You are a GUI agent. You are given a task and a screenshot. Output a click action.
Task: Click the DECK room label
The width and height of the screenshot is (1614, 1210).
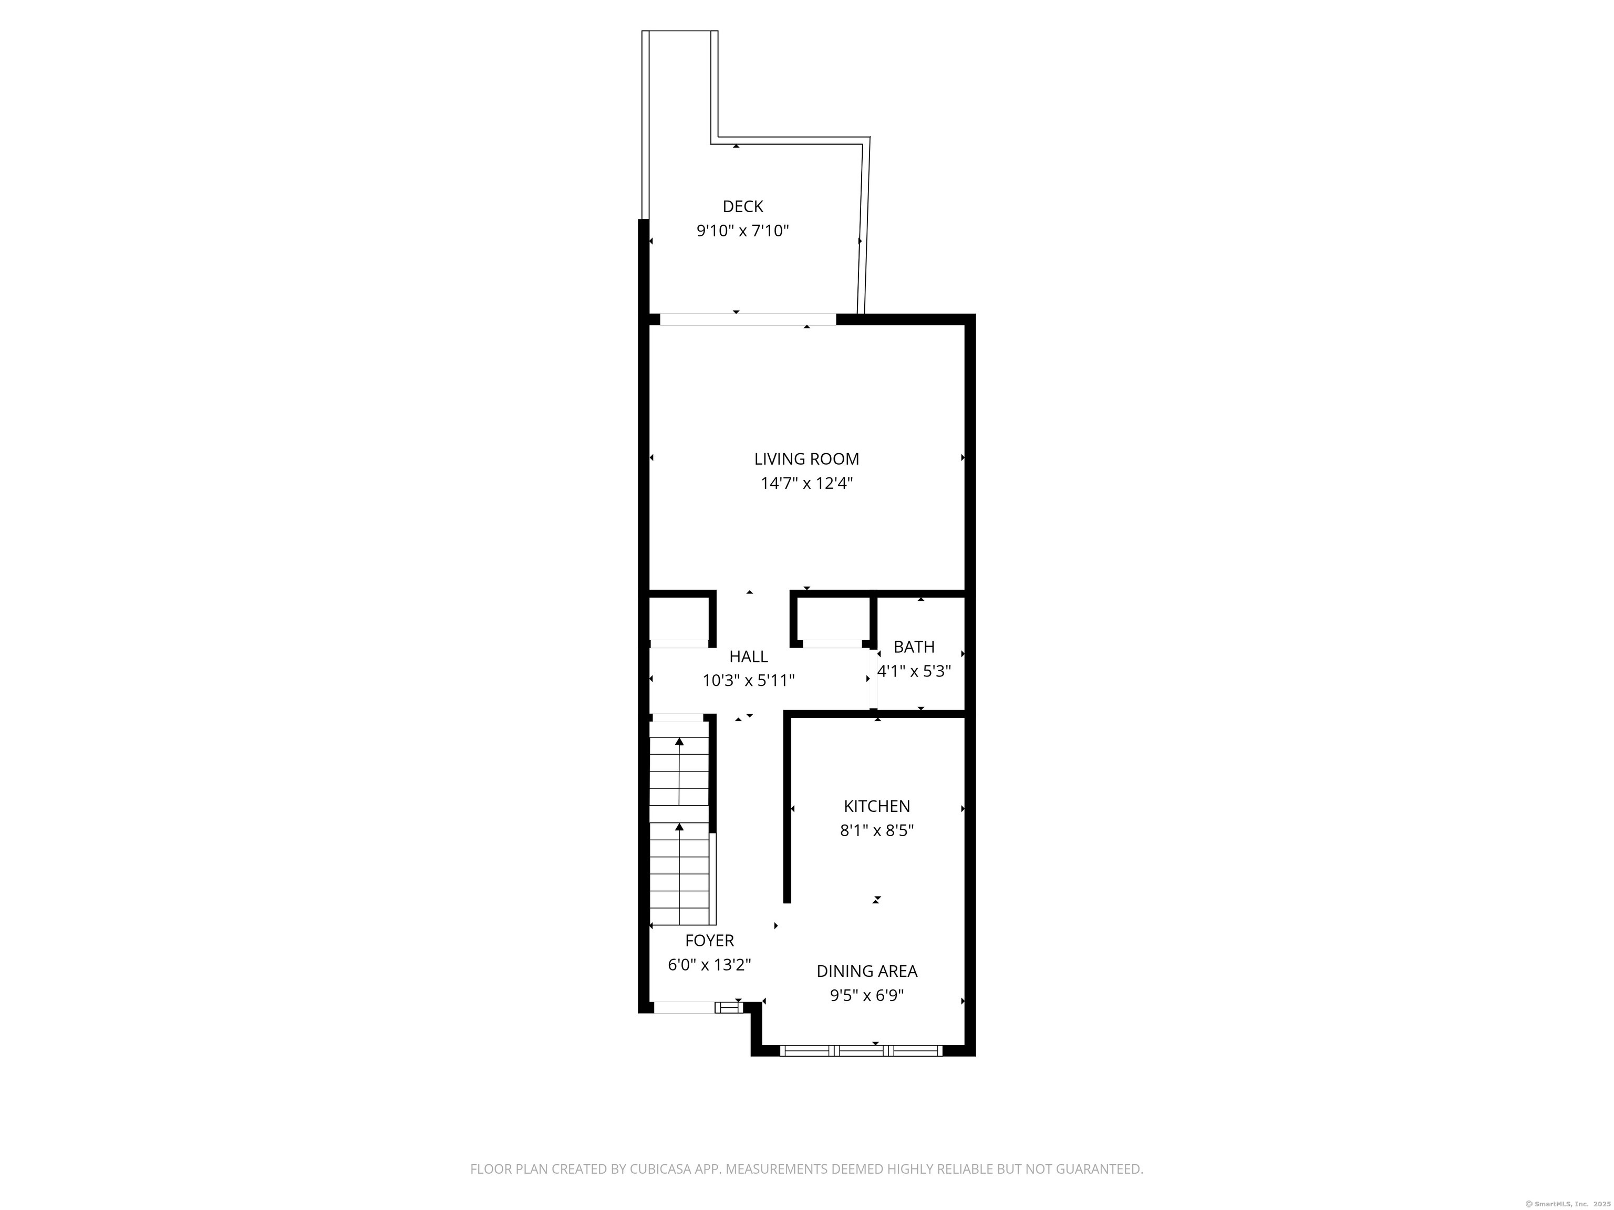pyautogui.click(x=743, y=206)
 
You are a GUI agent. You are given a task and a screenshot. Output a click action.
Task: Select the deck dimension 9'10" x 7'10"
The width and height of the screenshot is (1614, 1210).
pyautogui.click(x=743, y=231)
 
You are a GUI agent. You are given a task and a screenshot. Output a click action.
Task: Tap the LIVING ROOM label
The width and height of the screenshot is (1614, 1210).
pyautogui.click(x=806, y=459)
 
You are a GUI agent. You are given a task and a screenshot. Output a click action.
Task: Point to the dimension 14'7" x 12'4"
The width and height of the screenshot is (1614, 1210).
pyautogui.click(x=806, y=483)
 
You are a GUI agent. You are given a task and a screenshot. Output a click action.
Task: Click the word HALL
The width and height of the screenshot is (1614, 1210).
pyautogui.click(x=749, y=656)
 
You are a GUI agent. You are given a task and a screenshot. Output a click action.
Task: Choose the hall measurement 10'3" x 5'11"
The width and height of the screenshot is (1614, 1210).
pyautogui.click(x=749, y=681)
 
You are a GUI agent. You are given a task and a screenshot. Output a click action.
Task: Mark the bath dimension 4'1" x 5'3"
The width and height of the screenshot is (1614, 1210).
pyautogui.click(x=914, y=671)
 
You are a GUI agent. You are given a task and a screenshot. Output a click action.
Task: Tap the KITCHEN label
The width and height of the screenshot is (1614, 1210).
pyautogui.click(x=877, y=806)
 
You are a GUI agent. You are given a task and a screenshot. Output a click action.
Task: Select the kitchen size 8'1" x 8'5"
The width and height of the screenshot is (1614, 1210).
pyautogui.click(x=877, y=830)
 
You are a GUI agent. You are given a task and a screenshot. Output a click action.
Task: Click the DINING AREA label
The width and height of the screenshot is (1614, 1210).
pyautogui.click(x=867, y=971)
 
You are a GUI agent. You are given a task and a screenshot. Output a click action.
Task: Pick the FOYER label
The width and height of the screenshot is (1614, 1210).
pyautogui.click(x=709, y=941)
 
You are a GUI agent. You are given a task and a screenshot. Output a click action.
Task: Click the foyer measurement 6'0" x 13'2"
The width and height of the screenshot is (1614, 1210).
pyautogui.click(x=709, y=965)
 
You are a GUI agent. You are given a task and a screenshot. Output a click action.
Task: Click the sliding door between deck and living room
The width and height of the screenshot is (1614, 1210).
pyautogui.click(x=748, y=319)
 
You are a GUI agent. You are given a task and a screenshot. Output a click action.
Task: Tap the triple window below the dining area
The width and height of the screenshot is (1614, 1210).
pyautogui.click(x=861, y=1051)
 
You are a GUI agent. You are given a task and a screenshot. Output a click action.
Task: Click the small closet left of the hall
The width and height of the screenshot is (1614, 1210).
pyautogui.click(x=679, y=619)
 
